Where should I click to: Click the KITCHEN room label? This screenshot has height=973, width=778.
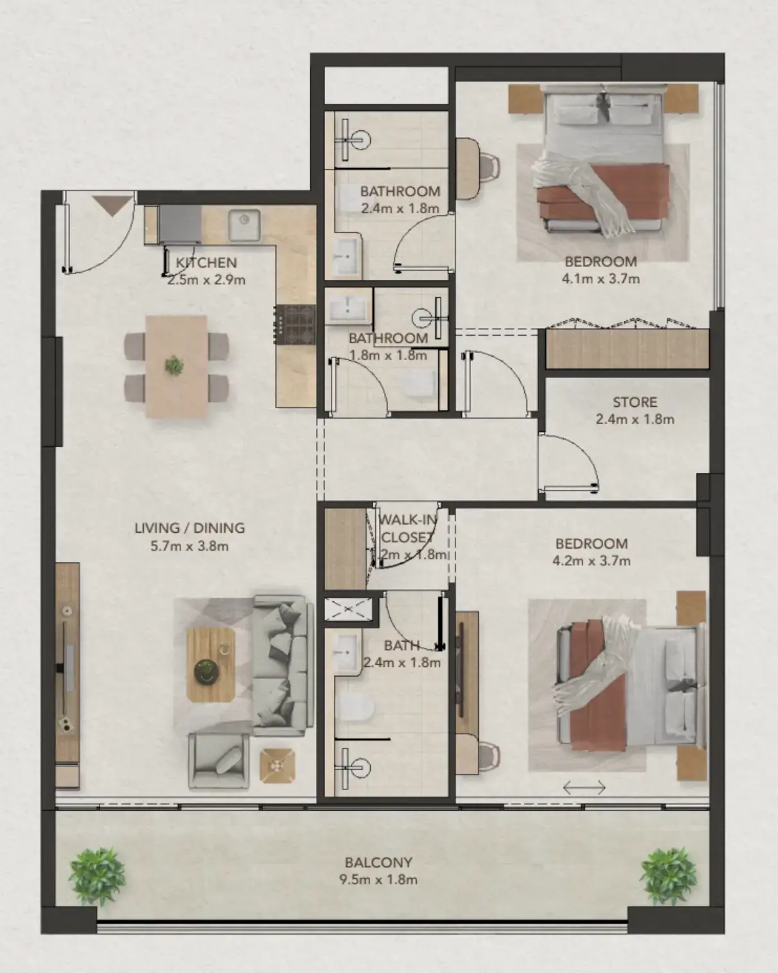point(206,263)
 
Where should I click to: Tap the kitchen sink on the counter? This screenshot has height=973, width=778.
point(244,225)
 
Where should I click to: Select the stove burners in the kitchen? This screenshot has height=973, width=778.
point(296,324)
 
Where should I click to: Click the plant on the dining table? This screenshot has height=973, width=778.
point(174,365)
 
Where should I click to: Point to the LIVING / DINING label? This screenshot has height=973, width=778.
point(190,528)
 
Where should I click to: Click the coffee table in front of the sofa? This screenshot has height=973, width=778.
point(211,664)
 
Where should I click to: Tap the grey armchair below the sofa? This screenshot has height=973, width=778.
point(218,761)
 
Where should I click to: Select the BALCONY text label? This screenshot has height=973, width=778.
point(378,862)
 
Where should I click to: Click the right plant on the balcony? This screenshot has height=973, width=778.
point(669,876)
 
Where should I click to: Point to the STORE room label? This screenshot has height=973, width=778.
point(635,402)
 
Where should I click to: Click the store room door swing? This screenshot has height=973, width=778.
point(569,462)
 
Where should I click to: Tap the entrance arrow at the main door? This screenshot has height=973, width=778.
point(114,205)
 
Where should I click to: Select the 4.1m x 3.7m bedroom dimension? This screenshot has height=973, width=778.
point(601,279)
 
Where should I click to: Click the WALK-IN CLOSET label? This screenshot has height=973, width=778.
point(407,528)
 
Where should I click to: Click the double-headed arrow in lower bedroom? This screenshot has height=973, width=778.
point(584,787)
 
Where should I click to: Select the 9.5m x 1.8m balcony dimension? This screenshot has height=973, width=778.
point(378,880)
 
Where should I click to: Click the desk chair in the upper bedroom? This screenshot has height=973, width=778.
point(489,164)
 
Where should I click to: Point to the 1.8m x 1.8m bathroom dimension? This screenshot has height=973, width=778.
point(388,355)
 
